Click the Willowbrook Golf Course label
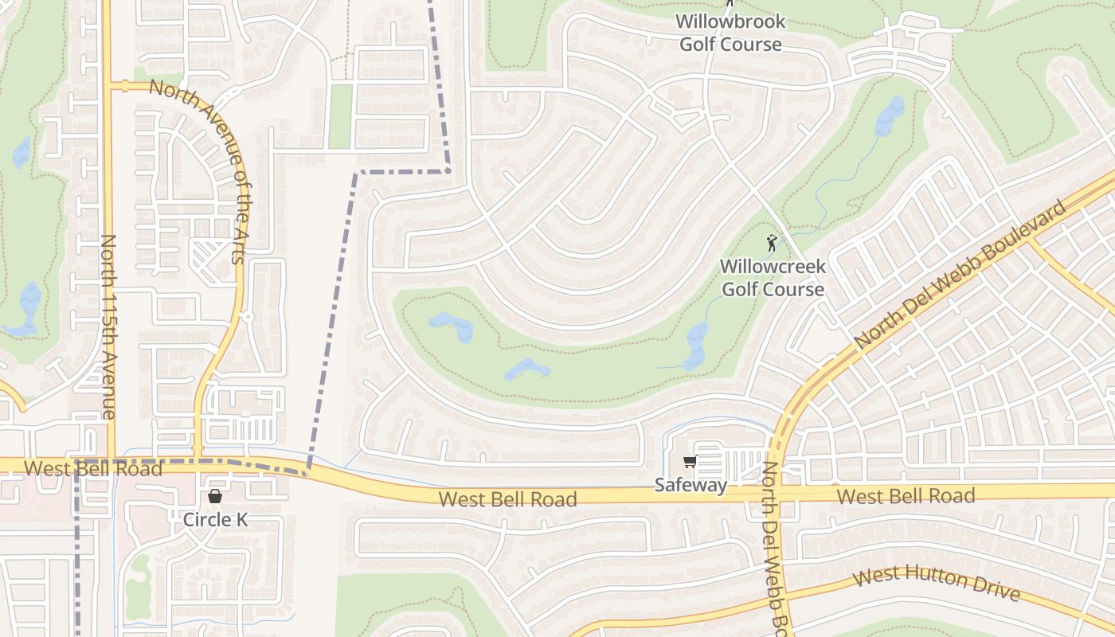730,33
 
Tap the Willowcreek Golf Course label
773,277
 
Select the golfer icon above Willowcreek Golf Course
771,243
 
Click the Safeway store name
691,485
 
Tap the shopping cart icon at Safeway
690,462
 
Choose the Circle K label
215,520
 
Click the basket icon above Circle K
215,497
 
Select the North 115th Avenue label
109,326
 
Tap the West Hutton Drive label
936,584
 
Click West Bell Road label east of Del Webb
906,496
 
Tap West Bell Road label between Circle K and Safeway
507,499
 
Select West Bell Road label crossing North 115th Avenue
92,468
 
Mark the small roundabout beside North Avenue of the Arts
247,317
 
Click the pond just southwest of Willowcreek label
694,346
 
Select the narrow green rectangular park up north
340,116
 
